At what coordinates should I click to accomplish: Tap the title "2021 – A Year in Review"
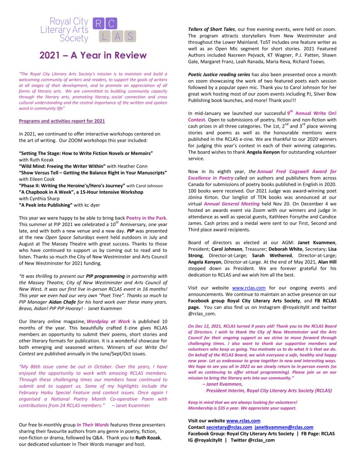tap(93, 56)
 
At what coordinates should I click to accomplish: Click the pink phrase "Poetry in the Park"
tap(145, 218)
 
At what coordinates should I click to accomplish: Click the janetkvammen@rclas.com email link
tap(284, 427)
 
